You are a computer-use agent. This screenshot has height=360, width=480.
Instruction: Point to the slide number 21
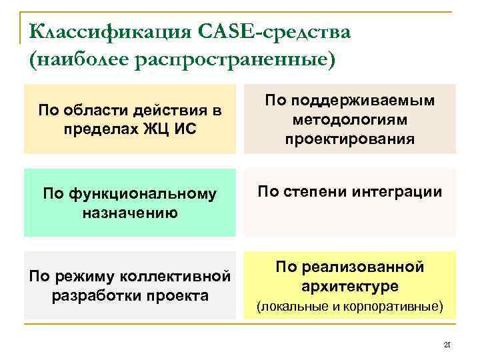[447, 345]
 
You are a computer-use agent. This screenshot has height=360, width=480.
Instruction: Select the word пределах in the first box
[95, 127]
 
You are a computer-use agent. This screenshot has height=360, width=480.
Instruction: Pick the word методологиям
[349, 120]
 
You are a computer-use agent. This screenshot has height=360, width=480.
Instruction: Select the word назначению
[129, 213]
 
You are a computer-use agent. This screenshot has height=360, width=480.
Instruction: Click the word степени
[319, 193]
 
